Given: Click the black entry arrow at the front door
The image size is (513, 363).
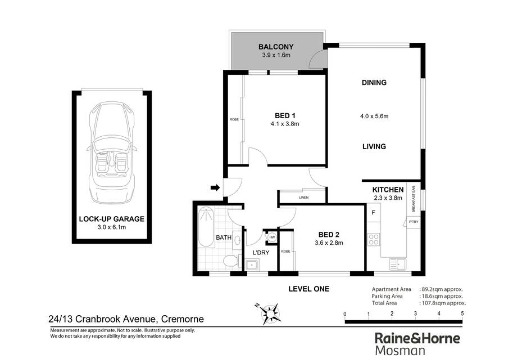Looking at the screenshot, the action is pos(215,188).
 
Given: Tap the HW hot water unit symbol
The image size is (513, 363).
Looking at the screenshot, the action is pos(272,237).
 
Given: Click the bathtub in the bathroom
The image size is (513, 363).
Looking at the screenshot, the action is pos(206,227).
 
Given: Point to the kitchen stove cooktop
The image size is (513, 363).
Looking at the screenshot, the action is pos(374,239).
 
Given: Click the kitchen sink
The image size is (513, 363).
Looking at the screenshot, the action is pos(398,264).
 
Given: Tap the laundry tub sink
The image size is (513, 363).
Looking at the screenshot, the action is pos(252,265).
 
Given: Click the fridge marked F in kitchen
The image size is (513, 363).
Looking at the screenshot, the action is pos(374,213).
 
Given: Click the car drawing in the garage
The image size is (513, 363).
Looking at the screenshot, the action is pos(112,152).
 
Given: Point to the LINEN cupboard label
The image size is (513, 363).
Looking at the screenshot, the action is pos(303,198).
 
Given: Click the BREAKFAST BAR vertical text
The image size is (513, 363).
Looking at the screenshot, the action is pos(414,199).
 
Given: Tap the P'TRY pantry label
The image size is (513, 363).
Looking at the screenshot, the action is pos(414,222).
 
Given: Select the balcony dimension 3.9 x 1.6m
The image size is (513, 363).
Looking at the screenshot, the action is pos(276,55).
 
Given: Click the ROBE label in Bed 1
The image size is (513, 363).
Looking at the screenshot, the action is pos(234,119).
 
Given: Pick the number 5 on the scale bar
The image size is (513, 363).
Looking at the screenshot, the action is pos(462,313).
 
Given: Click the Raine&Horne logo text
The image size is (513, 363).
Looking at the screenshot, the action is pos(417,338).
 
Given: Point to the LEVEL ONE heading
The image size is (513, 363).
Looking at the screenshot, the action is pos(309,289).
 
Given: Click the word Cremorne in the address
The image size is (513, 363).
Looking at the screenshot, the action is pos(183,319).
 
